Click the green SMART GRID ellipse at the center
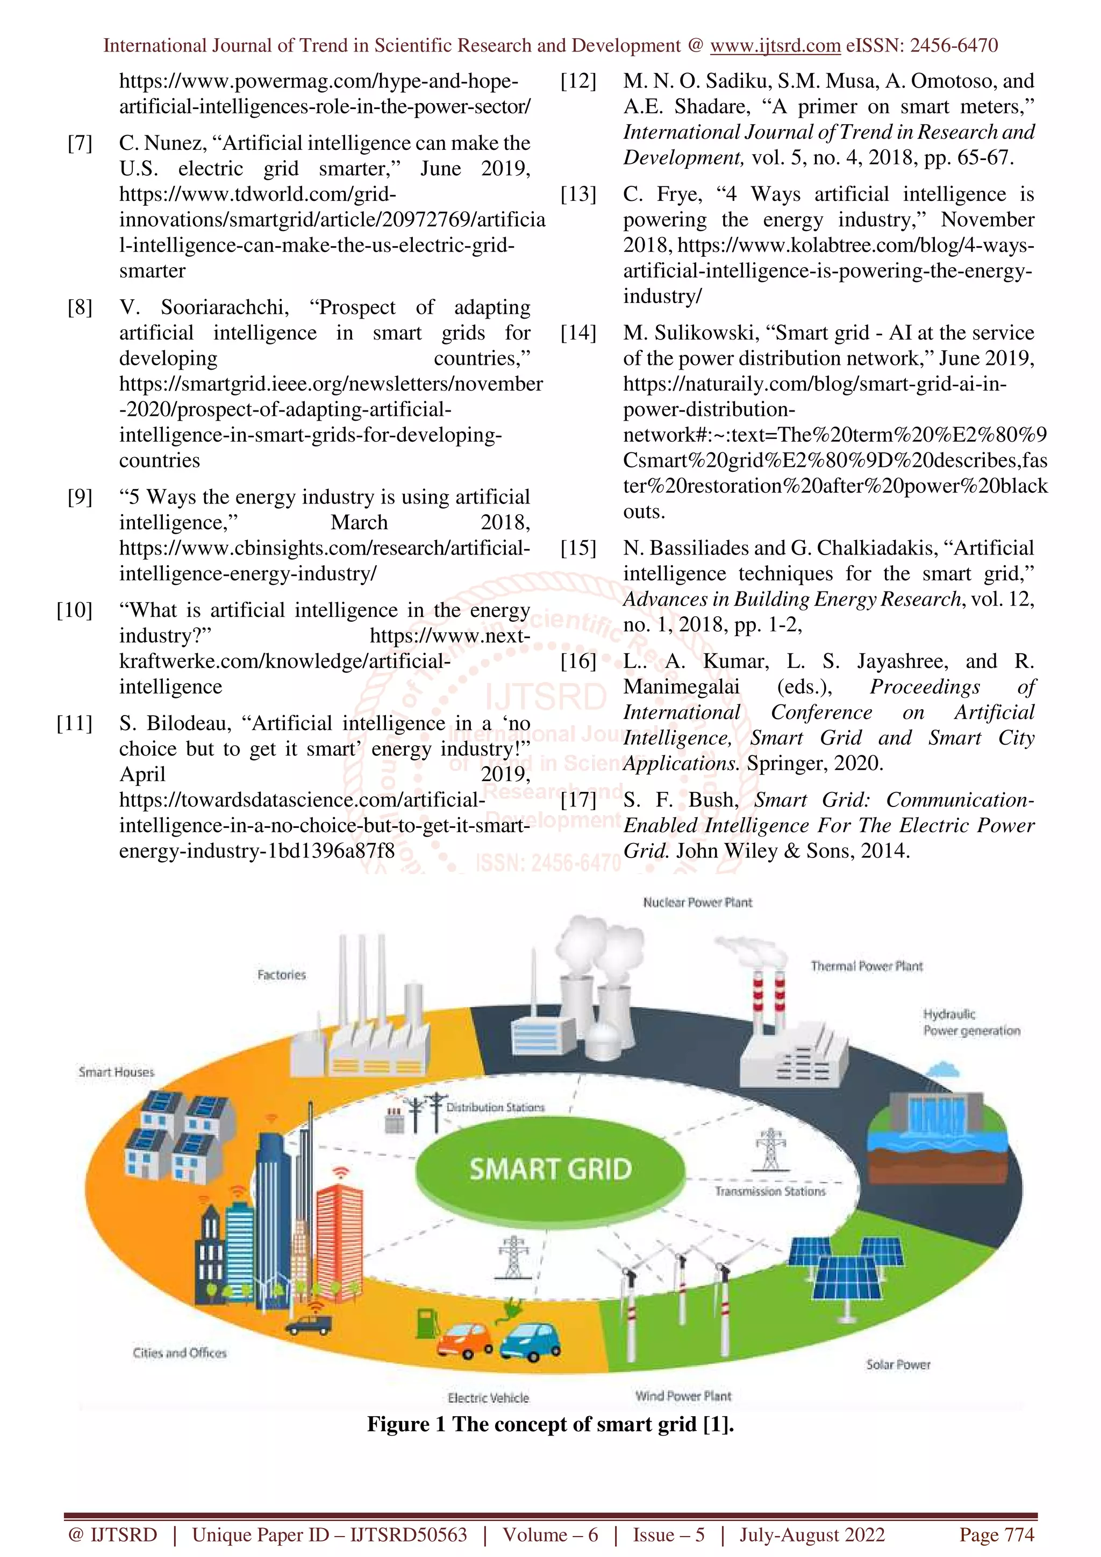(549, 1169)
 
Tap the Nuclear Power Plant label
(697, 903)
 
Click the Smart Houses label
(116, 1072)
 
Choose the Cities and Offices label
(179, 1353)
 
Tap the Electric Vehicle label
(488, 1397)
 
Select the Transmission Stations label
(770, 1191)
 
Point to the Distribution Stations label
(495, 1107)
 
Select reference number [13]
(578, 194)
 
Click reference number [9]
(80, 497)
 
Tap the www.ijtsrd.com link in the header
(775, 46)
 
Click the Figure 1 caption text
(550, 1424)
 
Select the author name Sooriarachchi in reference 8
(224, 307)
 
